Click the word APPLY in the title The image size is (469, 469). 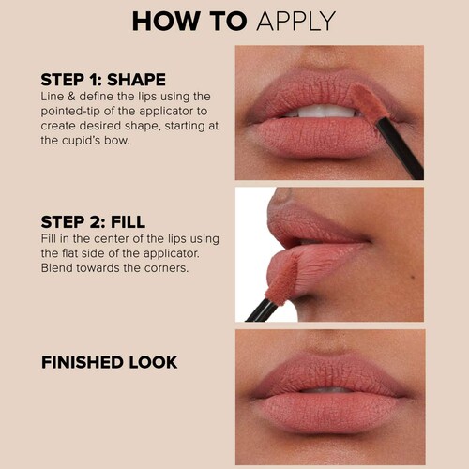pos(295,22)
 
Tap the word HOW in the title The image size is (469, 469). pos(166,22)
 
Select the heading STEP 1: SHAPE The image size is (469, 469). pos(103,80)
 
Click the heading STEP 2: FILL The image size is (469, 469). pos(93,222)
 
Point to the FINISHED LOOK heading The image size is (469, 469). pos(110,362)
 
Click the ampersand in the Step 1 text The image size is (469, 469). pos(71,97)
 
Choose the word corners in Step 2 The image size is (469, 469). pos(167,268)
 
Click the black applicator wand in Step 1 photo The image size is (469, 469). pos(401,148)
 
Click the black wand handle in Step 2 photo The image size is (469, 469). pos(262,310)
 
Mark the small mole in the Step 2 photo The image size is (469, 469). pos(414,277)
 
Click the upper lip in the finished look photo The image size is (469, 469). pos(328,373)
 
